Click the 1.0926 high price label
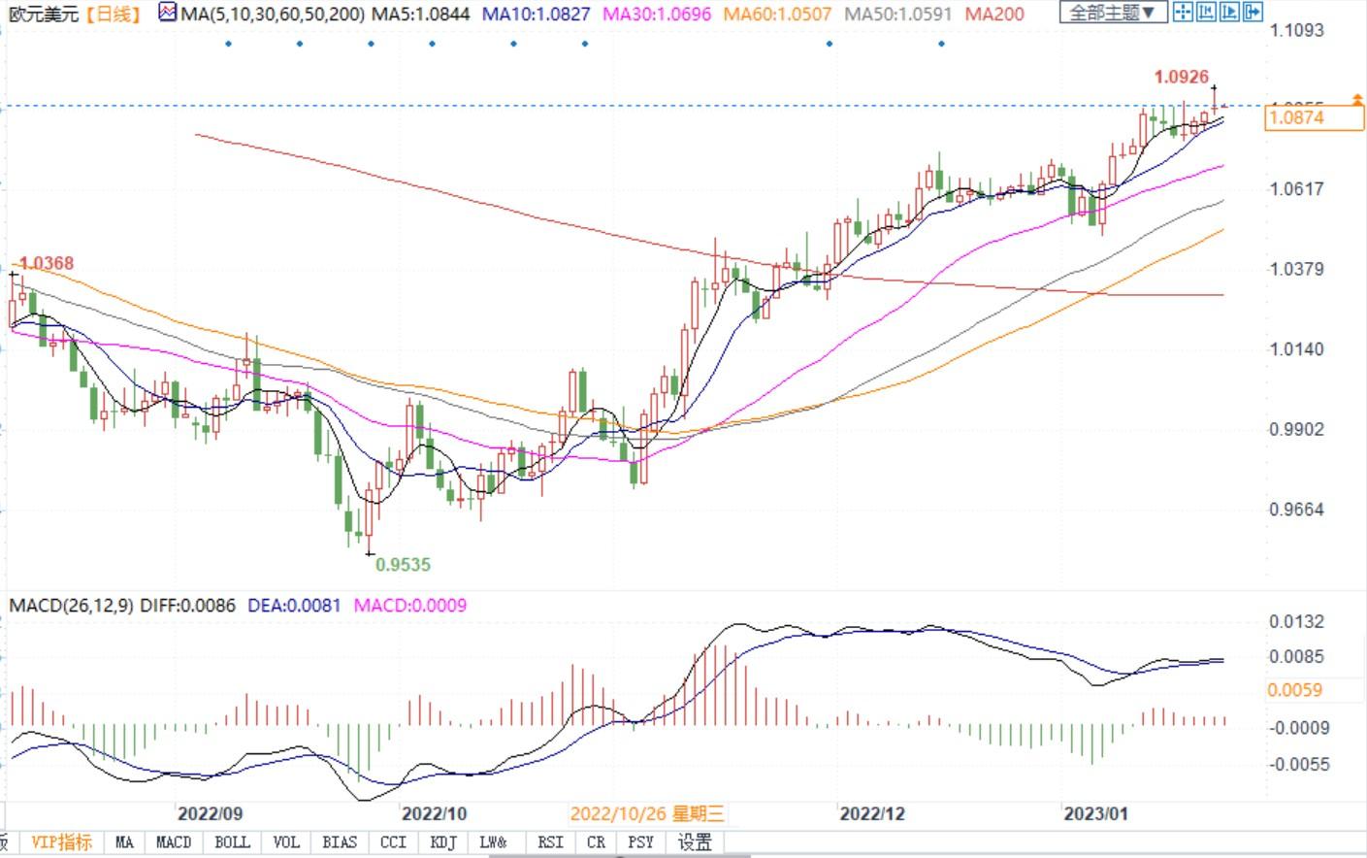(x=1181, y=77)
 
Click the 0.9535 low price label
(x=403, y=564)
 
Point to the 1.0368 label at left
(x=46, y=263)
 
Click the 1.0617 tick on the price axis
(x=1296, y=188)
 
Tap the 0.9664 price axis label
(x=1296, y=510)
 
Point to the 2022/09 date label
(x=209, y=813)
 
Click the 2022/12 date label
(x=871, y=813)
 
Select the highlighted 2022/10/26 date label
(x=647, y=813)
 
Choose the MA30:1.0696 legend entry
(x=657, y=14)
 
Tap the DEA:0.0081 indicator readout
(x=294, y=606)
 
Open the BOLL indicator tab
(x=232, y=842)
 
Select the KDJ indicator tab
(x=442, y=842)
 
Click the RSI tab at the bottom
(x=550, y=842)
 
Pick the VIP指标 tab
(x=62, y=842)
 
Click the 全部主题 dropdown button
(x=1112, y=13)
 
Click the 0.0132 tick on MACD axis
(x=1296, y=622)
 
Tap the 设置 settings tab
(x=695, y=842)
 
